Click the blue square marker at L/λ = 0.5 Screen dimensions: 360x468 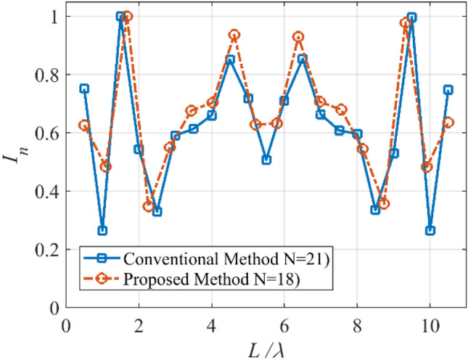[x=84, y=89]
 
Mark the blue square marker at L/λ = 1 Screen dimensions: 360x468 [x=102, y=231]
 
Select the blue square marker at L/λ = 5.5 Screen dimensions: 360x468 [x=266, y=160]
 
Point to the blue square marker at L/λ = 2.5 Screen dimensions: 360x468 [x=157, y=211]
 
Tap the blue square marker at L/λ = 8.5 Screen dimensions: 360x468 [x=375, y=210]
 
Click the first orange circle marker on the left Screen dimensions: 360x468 [x=84, y=125]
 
